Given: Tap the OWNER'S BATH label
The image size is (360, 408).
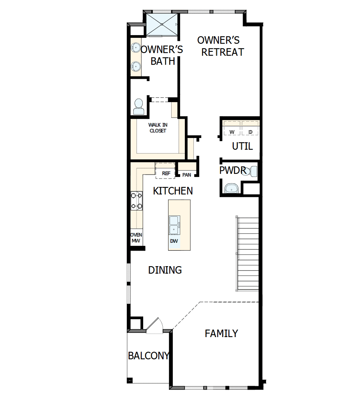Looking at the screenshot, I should click(x=162, y=55).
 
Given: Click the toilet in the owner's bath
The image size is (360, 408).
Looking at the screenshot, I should click(x=138, y=106).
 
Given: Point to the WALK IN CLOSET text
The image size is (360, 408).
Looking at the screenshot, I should click(x=158, y=128).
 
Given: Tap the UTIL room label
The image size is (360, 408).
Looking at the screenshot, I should click(x=242, y=147).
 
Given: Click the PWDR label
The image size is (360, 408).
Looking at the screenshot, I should click(x=232, y=170).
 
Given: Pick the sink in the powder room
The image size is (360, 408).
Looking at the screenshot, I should click(x=232, y=189).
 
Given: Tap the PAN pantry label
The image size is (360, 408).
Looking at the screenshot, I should click(x=187, y=175).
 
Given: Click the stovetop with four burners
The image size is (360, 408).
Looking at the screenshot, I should click(x=137, y=201).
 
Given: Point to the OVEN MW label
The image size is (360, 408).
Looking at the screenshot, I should click(x=136, y=238).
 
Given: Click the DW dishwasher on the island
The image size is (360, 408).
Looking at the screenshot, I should click(x=174, y=241).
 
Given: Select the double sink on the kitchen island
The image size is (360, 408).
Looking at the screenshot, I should click(x=174, y=225).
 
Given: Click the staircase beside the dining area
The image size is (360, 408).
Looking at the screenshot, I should click(x=248, y=253).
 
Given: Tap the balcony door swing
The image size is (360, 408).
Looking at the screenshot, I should click(x=155, y=327).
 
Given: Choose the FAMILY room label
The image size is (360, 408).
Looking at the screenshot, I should click(x=221, y=334).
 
